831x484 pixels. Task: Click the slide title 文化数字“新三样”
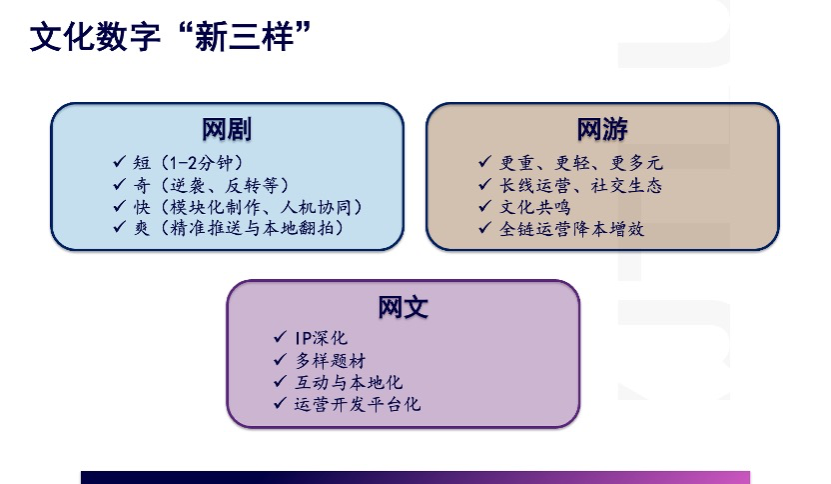point(170,37)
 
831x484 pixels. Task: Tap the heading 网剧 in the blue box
point(227,129)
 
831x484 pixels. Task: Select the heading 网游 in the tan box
point(602,129)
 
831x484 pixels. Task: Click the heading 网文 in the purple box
point(403,307)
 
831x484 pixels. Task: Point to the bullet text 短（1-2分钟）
point(188,162)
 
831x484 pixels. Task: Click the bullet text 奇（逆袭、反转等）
point(211,185)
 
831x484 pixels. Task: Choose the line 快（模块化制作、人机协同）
point(248,207)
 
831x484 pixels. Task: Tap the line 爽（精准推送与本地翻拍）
point(239,228)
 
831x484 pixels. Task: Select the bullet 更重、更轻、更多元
point(581,163)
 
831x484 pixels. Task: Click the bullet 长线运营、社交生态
point(581,185)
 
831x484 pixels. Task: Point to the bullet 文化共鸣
point(535,207)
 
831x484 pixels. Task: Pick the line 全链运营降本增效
point(572,229)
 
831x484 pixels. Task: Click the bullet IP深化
point(322,338)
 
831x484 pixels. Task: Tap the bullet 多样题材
point(331,361)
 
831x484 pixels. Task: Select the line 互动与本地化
point(349,382)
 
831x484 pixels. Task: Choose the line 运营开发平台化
point(358,404)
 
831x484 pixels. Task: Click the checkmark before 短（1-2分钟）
point(119,161)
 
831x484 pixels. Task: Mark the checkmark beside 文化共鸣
point(485,205)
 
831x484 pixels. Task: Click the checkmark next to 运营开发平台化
point(281,403)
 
